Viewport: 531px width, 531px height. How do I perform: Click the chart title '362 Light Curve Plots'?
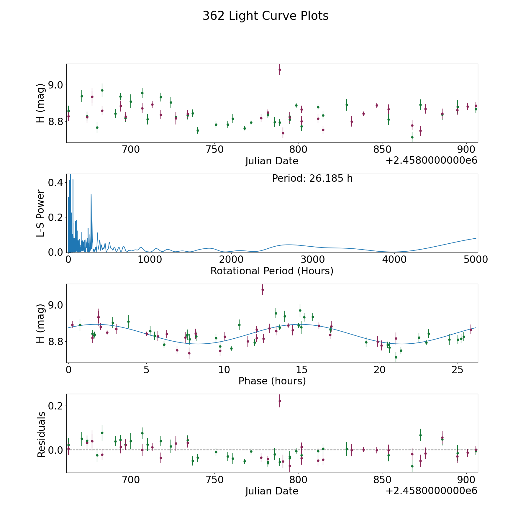265,16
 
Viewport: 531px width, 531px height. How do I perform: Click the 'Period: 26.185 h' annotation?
312,178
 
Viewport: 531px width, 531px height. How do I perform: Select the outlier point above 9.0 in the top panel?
280,70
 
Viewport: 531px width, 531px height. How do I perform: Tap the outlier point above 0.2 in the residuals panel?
280,401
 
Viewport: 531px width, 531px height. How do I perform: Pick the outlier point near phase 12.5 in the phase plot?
263,290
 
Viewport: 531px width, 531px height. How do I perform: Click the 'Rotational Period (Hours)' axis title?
272,271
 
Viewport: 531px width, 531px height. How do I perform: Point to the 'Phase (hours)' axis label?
272,381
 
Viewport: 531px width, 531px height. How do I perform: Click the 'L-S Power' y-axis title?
41,213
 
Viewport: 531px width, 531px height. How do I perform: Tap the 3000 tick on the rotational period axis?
313,260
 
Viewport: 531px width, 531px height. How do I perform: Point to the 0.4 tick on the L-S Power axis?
55,183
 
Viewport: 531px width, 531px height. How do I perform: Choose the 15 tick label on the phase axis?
301,370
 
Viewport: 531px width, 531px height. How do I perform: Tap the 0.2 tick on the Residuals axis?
55,406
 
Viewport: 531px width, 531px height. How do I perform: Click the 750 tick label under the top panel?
214,150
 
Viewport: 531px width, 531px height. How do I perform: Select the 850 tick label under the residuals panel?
382,480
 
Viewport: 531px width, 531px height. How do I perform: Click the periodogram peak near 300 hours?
91,194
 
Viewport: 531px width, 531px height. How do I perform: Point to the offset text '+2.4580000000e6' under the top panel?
431,160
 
